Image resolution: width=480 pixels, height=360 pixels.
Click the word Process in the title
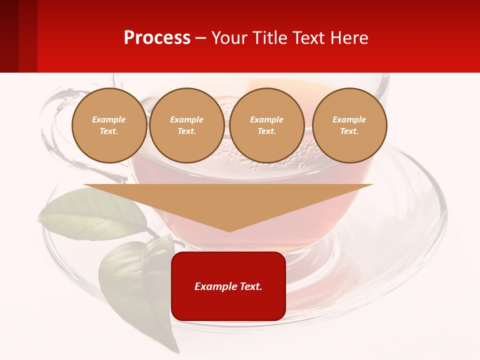click(x=157, y=38)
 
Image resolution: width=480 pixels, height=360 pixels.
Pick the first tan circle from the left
click(x=109, y=125)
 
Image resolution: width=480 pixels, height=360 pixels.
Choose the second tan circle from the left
click(x=186, y=125)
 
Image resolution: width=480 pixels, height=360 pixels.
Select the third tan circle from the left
click(x=266, y=125)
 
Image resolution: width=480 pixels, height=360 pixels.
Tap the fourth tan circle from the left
click(x=349, y=125)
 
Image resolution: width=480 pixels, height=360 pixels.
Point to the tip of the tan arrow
click(x=229, y=231)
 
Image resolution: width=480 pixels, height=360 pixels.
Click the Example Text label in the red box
click(x=228, y=286)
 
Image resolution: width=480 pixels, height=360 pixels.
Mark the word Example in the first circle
click(x=109, y=119)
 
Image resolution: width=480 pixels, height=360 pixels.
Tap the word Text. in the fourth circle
click(x=349, y=131)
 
